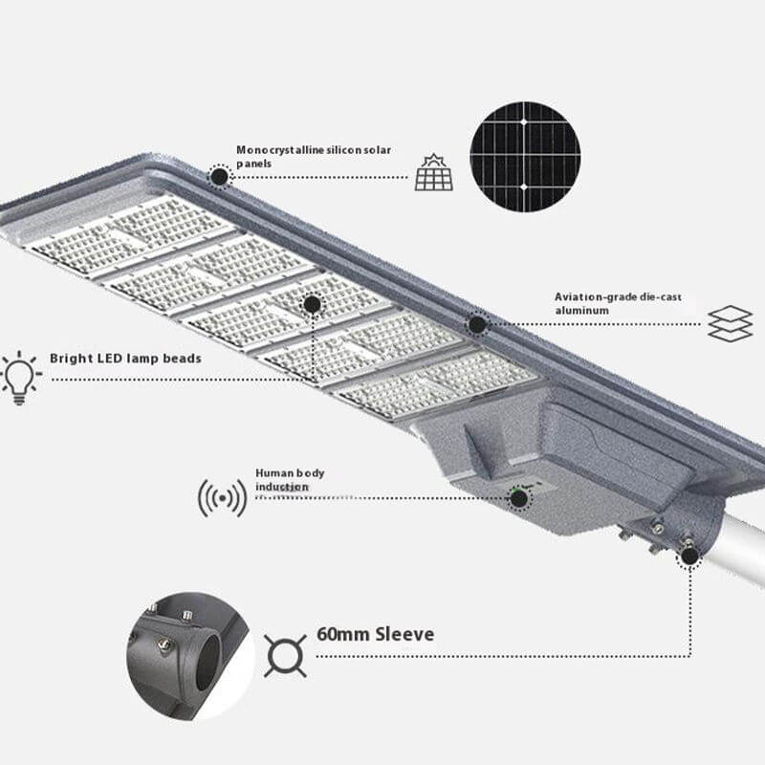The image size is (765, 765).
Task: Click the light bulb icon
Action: pos(20,378)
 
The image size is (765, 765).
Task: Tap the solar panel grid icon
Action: pos(434,172)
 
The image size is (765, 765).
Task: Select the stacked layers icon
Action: pos(730,323)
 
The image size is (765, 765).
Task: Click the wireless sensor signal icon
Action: pos(223,498)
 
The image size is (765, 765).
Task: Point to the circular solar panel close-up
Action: pos(525,157)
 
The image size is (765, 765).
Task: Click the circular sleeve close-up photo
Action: pos(190,656)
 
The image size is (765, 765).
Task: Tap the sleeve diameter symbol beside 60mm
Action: pos(285,656)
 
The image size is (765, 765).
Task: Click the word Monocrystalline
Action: pos(280,150)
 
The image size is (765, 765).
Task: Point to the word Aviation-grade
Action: pos(595,297)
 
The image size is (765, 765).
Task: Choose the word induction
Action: pos(281,487)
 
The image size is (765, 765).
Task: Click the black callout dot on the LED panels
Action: pos(312,304)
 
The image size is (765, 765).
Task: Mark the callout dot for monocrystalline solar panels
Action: pos(220,176)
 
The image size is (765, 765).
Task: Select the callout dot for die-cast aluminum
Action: pos(476,324)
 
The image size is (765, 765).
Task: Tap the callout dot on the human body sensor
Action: pos(518,498)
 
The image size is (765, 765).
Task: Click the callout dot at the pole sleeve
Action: pos(688,556)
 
